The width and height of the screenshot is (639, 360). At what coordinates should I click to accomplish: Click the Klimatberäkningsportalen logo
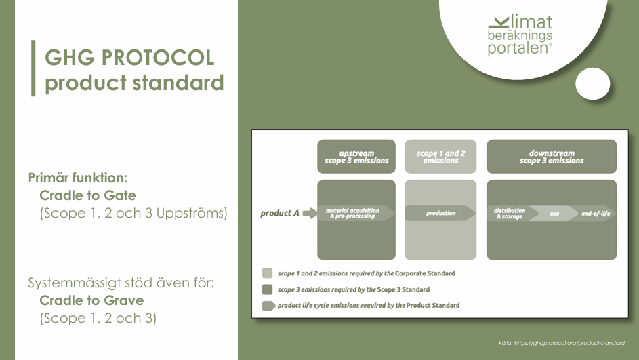(520, 35)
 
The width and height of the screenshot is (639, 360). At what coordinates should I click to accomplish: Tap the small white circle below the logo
(592, 83)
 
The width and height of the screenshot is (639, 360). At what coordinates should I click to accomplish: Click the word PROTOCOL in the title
(158, 58)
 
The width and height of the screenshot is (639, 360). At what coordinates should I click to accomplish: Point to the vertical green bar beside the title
(33, 68)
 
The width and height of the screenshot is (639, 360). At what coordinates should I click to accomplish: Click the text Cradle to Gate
(87, 195)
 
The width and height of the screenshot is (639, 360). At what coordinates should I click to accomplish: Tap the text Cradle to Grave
(91, 300)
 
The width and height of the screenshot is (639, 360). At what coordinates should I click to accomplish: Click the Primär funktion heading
(78, 178)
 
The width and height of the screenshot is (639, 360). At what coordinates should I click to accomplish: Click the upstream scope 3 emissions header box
(356, 157)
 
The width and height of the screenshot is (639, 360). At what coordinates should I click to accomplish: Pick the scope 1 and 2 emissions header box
(440, 157)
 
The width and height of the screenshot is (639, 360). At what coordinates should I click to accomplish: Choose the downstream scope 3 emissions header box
(552, 157)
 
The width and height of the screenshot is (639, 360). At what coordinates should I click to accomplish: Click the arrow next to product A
(310, 213)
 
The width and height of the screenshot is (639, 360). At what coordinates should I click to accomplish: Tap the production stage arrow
(440, 214)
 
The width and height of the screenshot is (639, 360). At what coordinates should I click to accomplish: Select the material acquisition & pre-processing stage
(356, 214)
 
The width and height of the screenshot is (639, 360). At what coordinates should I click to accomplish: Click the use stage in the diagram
(554, 214)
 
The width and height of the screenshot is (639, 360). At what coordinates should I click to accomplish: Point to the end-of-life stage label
(596, 214)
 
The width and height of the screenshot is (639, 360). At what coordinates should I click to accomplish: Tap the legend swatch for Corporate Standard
(268, 273)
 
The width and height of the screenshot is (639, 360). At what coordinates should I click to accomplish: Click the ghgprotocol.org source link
(569, 343)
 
